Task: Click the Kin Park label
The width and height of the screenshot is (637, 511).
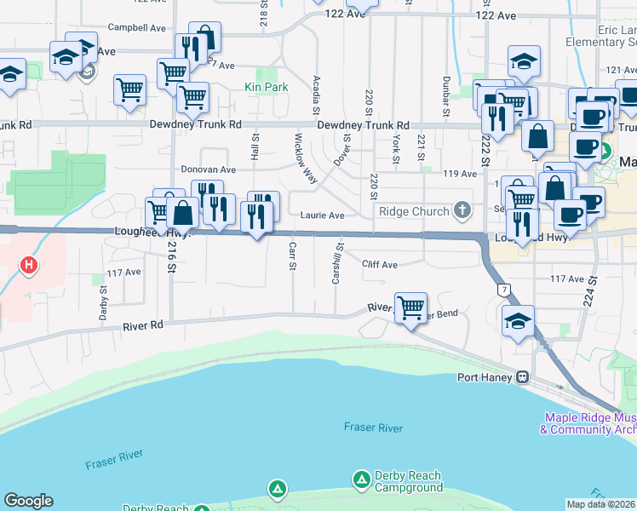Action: click(x=266, y=87)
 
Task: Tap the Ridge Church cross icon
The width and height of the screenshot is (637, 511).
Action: click(x=462, y=210)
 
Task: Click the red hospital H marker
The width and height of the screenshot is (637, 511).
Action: click(x=29, y=265)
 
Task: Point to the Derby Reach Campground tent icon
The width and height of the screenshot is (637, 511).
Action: click(x=277, y=489)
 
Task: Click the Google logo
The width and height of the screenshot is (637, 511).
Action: click(x=28, y=501)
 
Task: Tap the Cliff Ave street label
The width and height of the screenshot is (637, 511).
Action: click(x=379, y=265)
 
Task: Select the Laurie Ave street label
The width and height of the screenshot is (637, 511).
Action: click(x=322, y=215)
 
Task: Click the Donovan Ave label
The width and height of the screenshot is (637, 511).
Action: click(x=208, y=169)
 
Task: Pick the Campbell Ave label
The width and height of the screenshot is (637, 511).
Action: click(x=137, y=28)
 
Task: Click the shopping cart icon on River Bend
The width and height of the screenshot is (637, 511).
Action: click(x=411, y=307)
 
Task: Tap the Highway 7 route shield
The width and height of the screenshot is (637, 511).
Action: click(x=504, y=291)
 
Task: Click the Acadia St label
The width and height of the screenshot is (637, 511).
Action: click(x=316, y=95)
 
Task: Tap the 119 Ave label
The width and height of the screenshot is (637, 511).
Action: click(x=461, y=173)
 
